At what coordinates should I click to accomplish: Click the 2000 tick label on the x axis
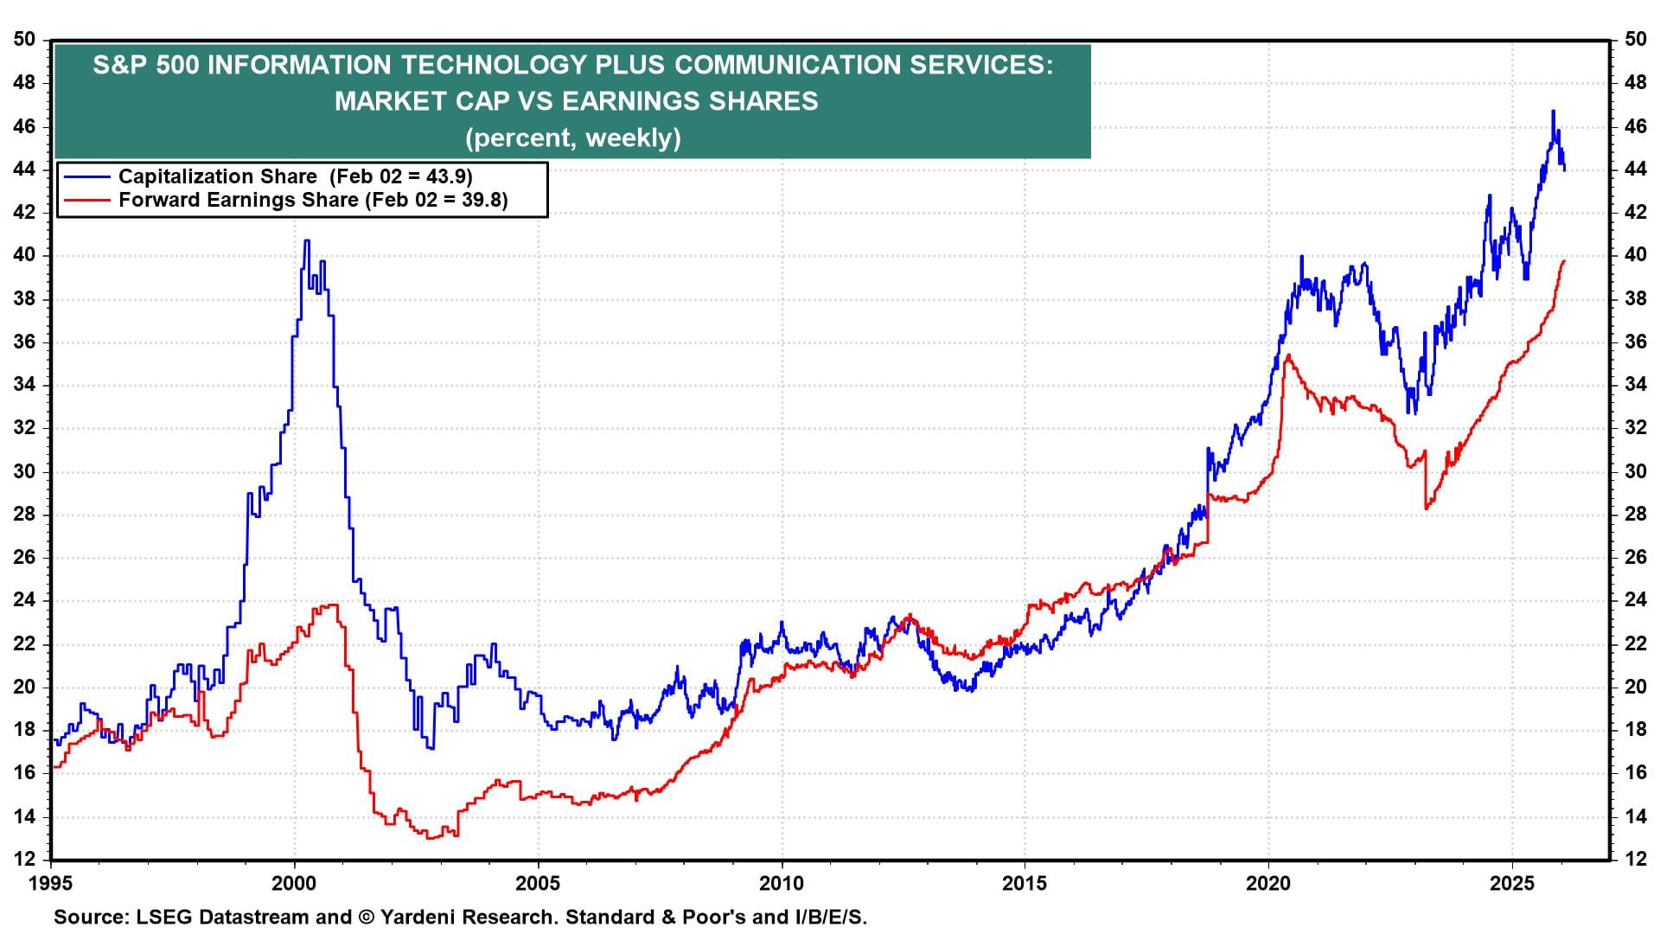coord(295,883)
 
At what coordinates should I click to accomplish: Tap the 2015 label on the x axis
coord(1025,883)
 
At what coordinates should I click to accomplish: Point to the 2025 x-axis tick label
coord(1512,883)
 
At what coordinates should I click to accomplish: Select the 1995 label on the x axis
coord(51,883)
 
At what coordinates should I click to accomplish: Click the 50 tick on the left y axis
coord(25,40)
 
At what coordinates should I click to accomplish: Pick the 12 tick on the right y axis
coord(1635,859)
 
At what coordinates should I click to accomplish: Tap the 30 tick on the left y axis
coord(25,471)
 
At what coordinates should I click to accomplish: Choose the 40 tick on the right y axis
coord(1635,255)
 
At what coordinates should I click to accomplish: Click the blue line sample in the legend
coord(86,176)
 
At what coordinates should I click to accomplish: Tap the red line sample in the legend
coord(86,201)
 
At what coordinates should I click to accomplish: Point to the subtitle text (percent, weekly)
coord(572,138)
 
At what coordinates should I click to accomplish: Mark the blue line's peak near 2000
coord(306,241)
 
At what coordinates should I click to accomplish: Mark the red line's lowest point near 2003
coord(430,838)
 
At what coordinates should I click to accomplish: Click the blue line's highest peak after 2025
coord(1553,112)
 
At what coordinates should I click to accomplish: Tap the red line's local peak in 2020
coord(1288,355)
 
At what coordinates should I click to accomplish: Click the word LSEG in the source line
coord(162,917)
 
